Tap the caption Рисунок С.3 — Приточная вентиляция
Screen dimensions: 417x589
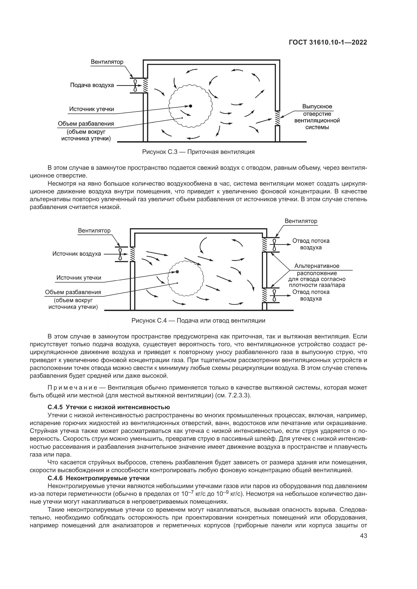tap(198, 152)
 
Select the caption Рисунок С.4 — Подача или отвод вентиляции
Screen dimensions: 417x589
tap(198, 321)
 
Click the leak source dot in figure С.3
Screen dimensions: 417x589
tap(191, 106)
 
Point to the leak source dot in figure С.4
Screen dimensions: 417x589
tap(177, 272)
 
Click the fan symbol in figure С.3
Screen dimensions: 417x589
tap(135, 85)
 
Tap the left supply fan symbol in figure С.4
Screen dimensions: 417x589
tap(120, 254)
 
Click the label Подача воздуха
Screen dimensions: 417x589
tap(92, 85)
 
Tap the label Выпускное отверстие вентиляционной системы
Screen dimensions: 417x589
tap(317, 117)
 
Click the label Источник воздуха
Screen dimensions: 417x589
tap(77, 254)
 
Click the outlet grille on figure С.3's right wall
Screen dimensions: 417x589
tap(277, 118)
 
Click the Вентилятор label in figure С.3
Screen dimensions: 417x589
tap(107, 62)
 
